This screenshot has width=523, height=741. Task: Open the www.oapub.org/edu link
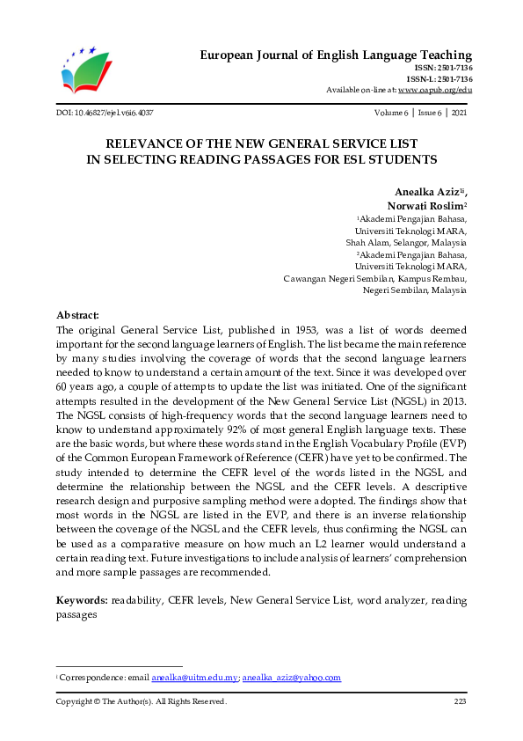(x=435, y=90)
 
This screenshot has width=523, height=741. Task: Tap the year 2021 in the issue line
(x=458, y=114)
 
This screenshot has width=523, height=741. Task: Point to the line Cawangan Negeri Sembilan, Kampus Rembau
(x=375, y=278)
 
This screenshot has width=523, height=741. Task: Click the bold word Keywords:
(x=82, y=599)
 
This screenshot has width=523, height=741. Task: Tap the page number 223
(x=459, y=701)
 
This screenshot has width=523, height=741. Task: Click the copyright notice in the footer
(x=142, y=701)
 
